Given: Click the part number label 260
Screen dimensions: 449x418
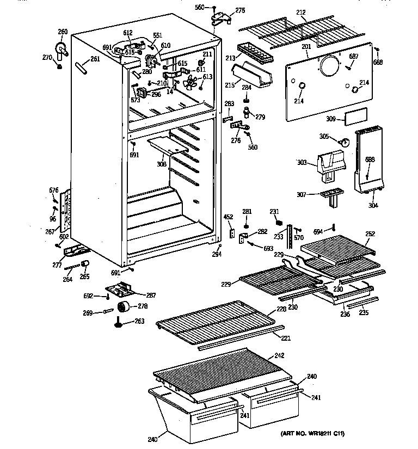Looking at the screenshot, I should (63, 31).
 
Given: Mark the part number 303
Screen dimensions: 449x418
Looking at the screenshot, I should (303, 162).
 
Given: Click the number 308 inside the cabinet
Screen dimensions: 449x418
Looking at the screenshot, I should (162, 163).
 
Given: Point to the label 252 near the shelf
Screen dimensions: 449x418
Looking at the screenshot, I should (370, 234).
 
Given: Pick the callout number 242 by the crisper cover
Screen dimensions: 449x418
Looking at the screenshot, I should (280, 355).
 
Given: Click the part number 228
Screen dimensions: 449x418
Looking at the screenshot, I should (281, 309).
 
